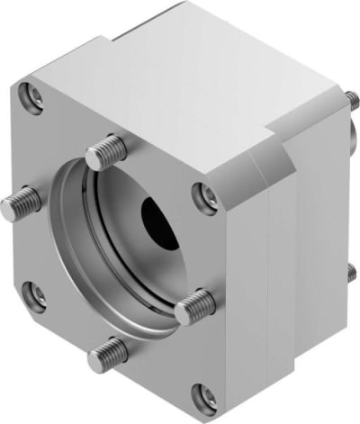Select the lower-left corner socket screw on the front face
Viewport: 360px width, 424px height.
tap(35, 293)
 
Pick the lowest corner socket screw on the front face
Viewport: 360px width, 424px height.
tap(206, 393)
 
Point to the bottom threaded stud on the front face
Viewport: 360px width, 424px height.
tap(105, 353)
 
